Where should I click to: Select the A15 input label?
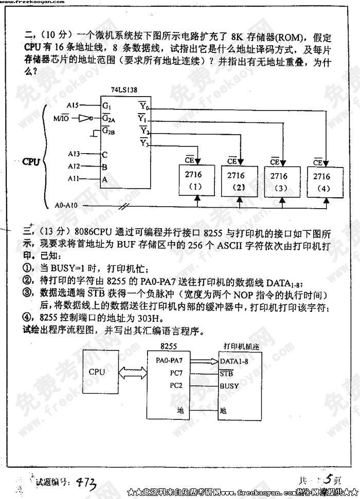[x=73, y=105]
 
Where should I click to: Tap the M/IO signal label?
[x=61, y=118]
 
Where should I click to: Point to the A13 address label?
[x=74, y=154]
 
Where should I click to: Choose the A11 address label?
[x=74, y=178]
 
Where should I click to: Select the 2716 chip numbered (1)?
[x=194, y=180]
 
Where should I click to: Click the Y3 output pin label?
[x=144, y=143]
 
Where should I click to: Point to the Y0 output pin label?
[x=144, y=107]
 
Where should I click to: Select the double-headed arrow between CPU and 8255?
[x=132, y=372]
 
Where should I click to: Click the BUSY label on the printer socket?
[x=229, y=385]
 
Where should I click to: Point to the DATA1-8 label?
[x=234, y=361]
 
